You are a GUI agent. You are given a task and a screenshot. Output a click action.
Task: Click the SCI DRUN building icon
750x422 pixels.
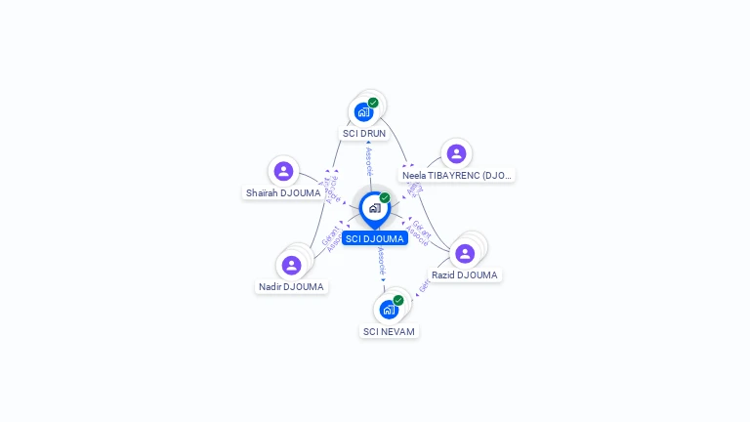364,111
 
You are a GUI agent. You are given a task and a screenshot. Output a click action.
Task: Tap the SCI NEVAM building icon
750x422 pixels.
389,310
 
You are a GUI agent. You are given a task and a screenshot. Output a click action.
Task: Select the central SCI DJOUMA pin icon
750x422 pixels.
374,208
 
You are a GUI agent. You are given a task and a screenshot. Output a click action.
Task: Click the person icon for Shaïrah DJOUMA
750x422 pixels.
283,171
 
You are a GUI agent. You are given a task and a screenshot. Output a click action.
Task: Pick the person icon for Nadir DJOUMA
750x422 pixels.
291,265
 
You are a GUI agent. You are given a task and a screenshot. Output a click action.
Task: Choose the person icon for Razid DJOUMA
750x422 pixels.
465,254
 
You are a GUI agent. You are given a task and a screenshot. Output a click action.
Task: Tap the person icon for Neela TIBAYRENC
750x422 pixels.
456,153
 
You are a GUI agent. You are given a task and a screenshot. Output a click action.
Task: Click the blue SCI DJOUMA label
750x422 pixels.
375,238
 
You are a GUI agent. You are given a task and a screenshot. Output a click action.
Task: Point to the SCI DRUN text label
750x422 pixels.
364,133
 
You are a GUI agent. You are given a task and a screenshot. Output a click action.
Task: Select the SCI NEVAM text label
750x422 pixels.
389,331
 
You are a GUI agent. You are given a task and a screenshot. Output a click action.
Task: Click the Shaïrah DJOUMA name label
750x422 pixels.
283,193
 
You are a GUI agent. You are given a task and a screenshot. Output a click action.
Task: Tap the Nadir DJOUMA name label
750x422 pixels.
291,287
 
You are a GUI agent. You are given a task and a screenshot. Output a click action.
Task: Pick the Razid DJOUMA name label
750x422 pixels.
465,275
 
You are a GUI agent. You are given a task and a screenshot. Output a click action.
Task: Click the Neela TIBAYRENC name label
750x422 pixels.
457,176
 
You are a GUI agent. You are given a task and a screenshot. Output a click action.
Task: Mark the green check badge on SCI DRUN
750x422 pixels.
373,103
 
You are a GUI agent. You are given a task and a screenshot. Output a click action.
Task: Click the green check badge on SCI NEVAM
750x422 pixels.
398,301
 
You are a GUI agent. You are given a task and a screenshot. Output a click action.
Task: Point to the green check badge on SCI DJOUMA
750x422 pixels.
385,198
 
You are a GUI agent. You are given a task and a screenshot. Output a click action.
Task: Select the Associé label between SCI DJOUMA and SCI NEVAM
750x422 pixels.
381,260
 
